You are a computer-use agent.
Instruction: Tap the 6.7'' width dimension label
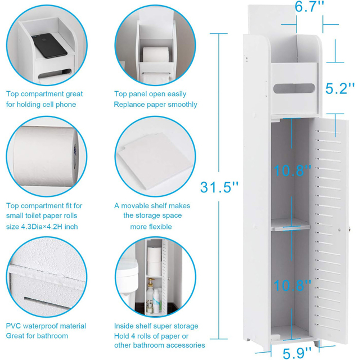click(309, 8)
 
